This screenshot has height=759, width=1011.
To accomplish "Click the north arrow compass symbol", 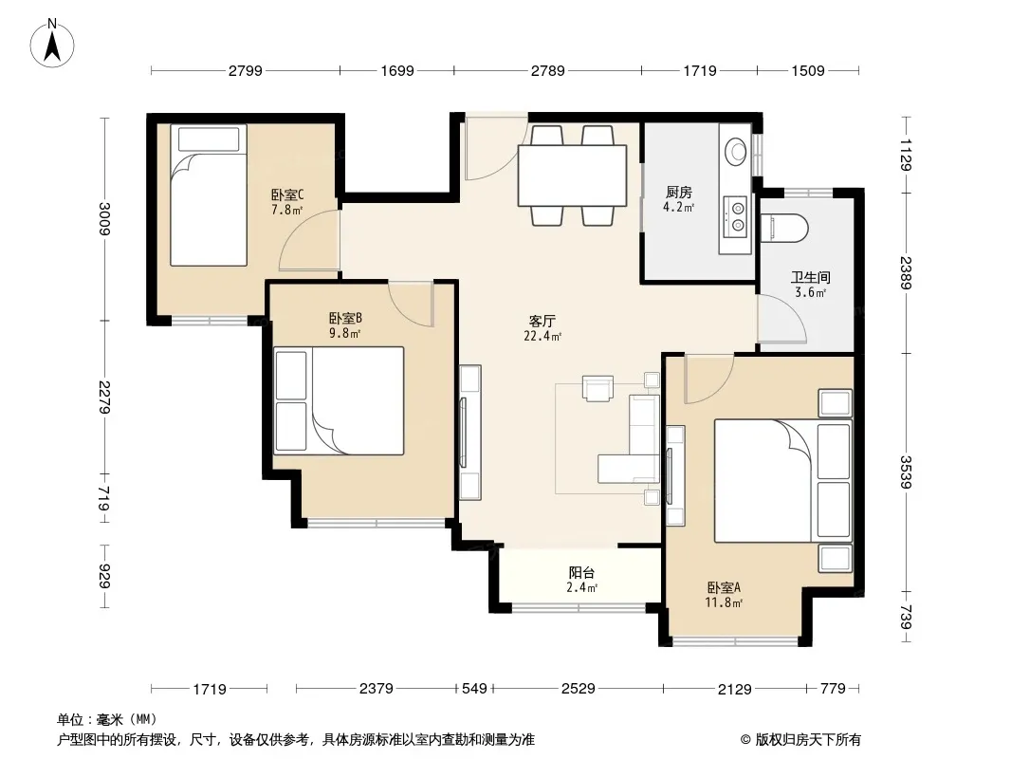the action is [52, 43].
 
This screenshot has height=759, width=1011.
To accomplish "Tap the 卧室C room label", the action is [287, 194].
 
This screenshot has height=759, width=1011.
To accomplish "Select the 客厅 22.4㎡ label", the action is [542, 327].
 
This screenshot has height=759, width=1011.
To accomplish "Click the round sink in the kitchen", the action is [735, 151].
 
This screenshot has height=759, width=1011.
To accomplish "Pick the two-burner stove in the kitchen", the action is [736, 216].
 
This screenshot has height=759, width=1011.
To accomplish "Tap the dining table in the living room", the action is [573, 176].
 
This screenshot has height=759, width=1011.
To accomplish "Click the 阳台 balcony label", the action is [581, 573].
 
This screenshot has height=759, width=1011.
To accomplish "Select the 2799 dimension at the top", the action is [245, 70].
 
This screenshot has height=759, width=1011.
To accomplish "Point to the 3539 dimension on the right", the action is [906, 472].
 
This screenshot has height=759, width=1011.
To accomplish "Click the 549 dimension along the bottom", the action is [474, 688].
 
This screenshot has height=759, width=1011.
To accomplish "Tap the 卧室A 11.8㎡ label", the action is [724, 595].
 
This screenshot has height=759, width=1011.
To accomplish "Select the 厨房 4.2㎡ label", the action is [678, 198].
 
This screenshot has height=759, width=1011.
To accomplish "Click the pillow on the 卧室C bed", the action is [209, 139].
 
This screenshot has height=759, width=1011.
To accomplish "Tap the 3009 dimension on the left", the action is [103, 219].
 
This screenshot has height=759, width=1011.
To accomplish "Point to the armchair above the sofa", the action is [597, 388].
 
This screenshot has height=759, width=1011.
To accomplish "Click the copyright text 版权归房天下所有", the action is [807, 740].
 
